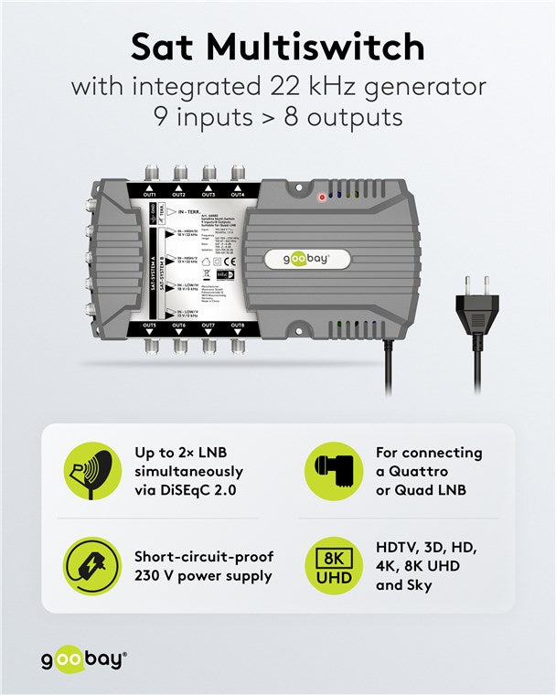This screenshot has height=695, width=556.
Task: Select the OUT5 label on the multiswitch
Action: click(150, 326)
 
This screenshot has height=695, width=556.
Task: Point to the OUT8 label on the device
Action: click(238, 326)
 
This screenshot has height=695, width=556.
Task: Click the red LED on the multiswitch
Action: click(322, 197)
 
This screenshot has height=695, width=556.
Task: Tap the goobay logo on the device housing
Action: click(308, 260)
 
